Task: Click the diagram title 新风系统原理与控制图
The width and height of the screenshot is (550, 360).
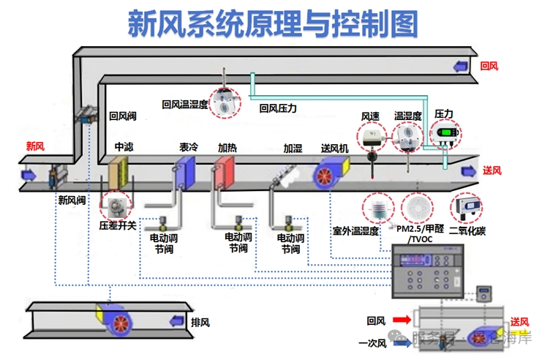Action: (274, 23)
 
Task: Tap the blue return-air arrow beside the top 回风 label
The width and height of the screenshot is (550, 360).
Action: (463, 67)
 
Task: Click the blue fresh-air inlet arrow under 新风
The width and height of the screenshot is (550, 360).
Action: (29, 175)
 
